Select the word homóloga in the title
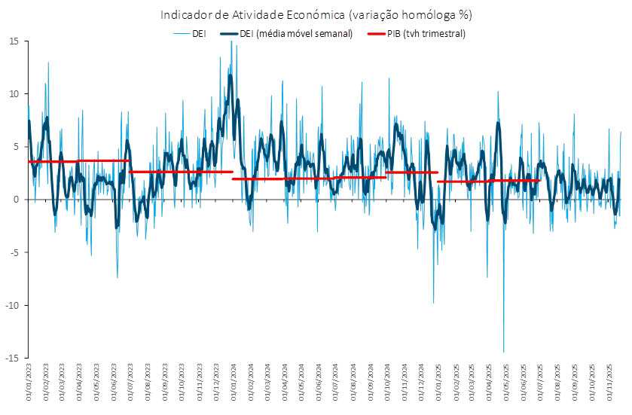tap(426, 15)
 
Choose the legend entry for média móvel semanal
tap(287, 34)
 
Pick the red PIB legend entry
tap(417, 34)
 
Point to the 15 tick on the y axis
tap(14, 41)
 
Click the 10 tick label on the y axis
tap(14, 94)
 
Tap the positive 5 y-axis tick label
tap(16, 147)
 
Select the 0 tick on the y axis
tap(16, 200)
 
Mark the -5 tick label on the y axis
tap(14, 252)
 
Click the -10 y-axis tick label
tap(12, 305)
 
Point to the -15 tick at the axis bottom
tap(12, 358)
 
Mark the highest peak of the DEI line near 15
tap(231, 41)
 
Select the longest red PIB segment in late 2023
tap(181, 172)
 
